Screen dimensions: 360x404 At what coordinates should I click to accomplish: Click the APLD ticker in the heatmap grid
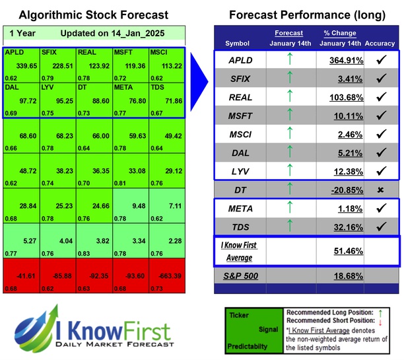coord(13,52)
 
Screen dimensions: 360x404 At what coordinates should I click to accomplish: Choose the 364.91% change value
coord(344,60)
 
